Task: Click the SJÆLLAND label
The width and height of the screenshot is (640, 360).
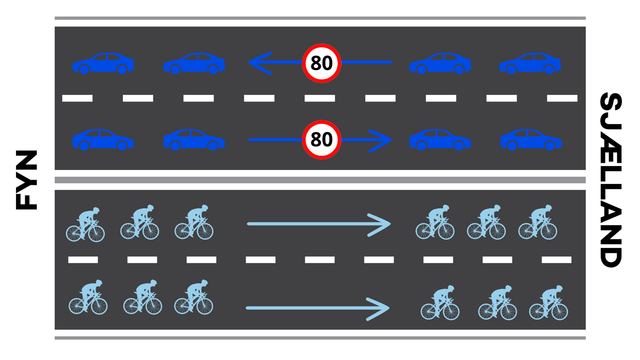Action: pos(611,180)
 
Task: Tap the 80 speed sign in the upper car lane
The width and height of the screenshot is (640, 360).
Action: pos(321,63)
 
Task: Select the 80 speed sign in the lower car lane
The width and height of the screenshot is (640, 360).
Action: pos(321,139)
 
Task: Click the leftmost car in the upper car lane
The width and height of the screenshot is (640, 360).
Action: pos(103,63)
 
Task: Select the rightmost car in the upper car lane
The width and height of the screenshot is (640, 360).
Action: pos(530,63)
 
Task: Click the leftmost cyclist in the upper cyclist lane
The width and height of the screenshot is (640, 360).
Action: pos(85,225)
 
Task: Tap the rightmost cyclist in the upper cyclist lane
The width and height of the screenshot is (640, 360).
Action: pos(537,223)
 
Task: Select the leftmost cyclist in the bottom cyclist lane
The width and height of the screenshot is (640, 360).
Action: pos(88,297)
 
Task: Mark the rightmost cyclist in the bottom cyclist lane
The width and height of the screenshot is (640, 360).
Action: pos(548,303)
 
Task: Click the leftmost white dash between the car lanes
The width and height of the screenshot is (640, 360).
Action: pos(77,98)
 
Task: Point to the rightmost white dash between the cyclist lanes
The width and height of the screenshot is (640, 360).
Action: pos(556,260)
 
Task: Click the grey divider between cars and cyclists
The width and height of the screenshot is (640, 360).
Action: pos(320,180)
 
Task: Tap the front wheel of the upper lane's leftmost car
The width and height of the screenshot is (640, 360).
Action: pos(85,69)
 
